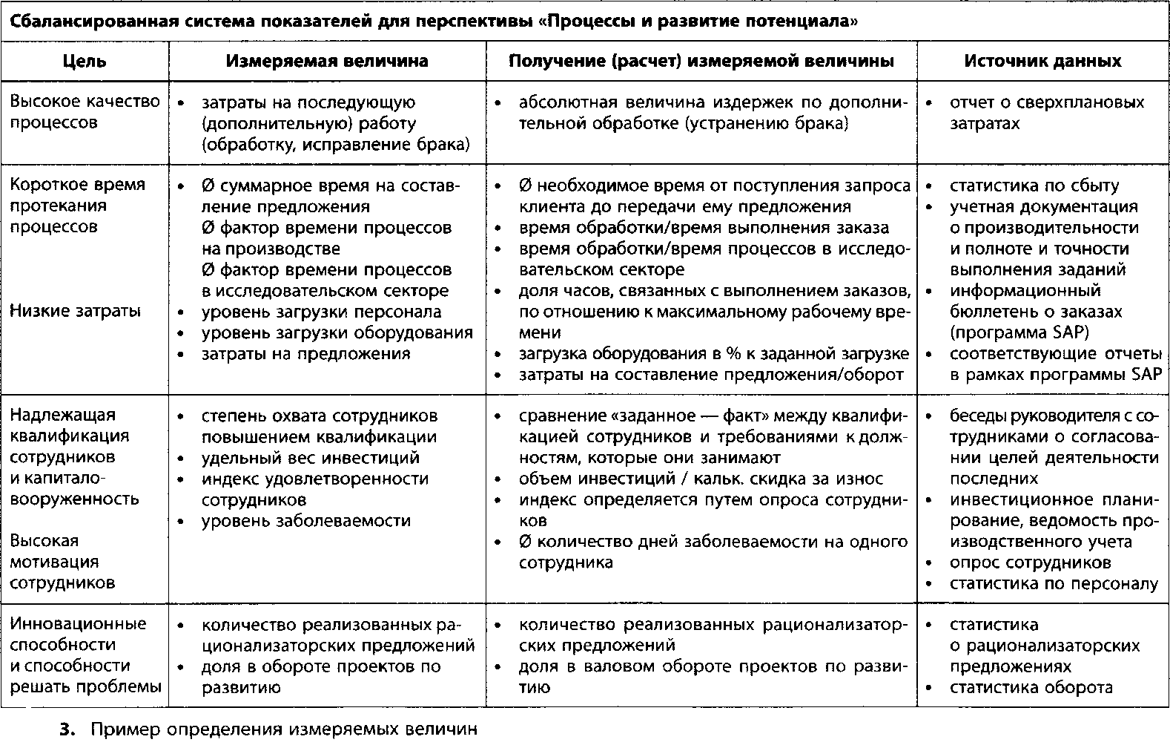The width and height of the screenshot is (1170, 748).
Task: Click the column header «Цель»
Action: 85,61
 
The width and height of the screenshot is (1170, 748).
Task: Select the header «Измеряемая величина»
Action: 327,61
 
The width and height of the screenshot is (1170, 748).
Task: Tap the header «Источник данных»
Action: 1042,61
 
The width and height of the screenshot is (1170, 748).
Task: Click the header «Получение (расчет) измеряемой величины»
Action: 701,61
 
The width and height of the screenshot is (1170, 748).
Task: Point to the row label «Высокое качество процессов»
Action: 85,112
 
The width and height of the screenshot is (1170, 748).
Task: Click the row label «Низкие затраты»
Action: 75,311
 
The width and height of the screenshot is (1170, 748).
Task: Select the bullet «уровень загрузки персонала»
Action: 321,312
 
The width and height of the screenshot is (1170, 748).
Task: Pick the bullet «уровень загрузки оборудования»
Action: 337,332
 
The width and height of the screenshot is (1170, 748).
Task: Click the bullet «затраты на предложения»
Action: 305,353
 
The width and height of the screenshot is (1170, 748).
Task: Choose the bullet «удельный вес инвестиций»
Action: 310,457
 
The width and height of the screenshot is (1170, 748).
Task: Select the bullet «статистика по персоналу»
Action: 1054,583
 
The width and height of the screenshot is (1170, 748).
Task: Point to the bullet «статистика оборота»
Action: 1031,687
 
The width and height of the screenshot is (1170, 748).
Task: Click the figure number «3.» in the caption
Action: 68,729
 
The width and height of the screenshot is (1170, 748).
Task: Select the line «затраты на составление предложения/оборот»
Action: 710,375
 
